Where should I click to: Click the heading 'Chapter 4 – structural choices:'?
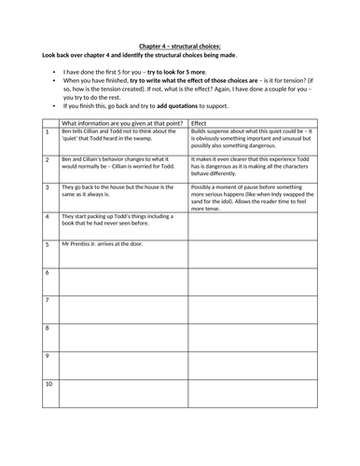click(179, 44)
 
